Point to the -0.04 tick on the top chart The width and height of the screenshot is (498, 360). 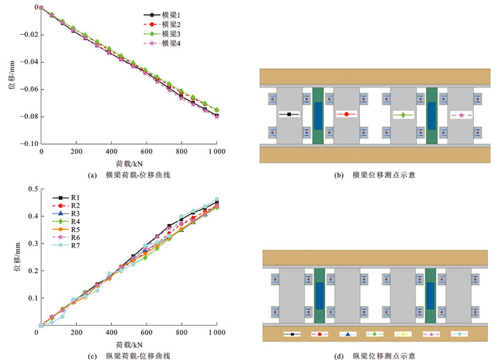(28, 62)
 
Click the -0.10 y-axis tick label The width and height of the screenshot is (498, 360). (28, 144)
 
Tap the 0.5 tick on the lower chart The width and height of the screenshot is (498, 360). (31, 189)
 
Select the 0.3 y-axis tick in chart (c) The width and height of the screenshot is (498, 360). (31, 243)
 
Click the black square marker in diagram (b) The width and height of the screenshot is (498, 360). (290, 114)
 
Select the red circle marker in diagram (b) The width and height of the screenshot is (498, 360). (346, 114)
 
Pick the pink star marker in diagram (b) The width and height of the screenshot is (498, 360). (461, 115)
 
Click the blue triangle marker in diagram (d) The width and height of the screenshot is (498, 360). (347, 334)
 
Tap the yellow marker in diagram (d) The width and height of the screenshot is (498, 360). (403, 334)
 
